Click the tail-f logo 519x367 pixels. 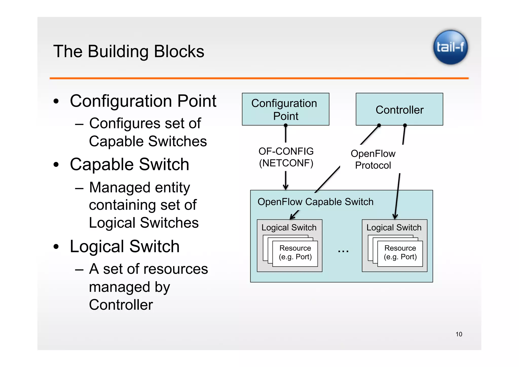[450, 47]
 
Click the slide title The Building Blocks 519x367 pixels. [128, 51]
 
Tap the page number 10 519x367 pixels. [459, 334]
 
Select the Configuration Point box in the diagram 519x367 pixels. [285, 109]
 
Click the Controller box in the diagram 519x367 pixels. [399, 109]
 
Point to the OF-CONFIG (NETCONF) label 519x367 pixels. [286, 157]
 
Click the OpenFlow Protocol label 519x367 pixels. [373, 159]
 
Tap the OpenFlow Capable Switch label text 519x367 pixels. [315, 202]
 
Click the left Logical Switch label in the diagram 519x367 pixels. [289, 228]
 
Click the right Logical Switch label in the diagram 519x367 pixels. [394, 228]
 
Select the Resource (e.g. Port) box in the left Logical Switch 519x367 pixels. [295, 253]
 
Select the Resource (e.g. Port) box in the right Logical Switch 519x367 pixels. [400, 253]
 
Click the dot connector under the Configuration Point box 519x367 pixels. [286, 125]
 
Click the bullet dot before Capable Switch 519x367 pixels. [56, 165]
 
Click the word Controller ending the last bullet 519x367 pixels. [121, 305]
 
